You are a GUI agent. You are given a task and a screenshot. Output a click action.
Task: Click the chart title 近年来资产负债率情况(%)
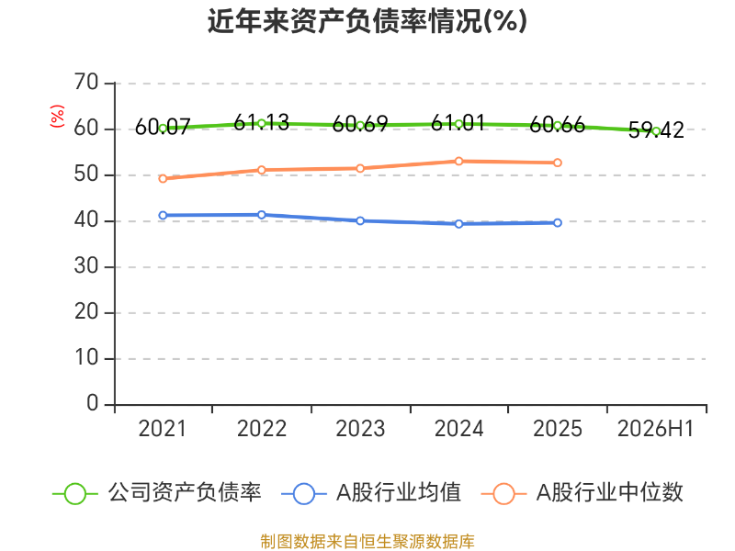[367, 21]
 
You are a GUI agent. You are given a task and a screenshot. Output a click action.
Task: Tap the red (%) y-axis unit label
[57, 117]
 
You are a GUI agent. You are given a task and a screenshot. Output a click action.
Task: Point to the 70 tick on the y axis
[86, 83]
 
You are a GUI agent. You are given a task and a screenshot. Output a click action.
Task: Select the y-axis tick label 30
[86, 266]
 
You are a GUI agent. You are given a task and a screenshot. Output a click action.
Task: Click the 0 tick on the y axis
[93, 403]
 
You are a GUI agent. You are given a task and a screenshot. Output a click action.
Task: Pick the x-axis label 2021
[163, 429]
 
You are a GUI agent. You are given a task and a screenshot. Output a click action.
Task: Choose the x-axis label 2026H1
[655, 429]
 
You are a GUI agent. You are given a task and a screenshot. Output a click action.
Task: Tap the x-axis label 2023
[360, 429]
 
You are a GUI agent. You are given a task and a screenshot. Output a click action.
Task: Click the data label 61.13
[261, 123]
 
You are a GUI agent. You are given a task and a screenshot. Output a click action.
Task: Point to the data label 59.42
[656, 130]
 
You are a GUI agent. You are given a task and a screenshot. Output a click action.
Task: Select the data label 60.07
[163, 127]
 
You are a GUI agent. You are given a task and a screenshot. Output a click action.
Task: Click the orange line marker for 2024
[458, 162]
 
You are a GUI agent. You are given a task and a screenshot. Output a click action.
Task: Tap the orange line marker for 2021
[163, 178]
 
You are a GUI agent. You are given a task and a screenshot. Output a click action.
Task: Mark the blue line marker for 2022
[262, 215]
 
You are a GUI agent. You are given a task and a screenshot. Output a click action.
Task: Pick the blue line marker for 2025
[558, 223]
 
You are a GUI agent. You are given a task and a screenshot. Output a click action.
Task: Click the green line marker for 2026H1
[656, 131]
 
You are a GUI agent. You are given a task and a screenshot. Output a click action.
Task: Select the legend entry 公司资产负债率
[157, 493]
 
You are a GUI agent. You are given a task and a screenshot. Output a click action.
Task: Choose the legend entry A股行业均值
[371, 493]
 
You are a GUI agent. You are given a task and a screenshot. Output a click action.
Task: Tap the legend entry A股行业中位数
[582, 493]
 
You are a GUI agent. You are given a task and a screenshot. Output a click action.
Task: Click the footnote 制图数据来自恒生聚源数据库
[367, 542]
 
